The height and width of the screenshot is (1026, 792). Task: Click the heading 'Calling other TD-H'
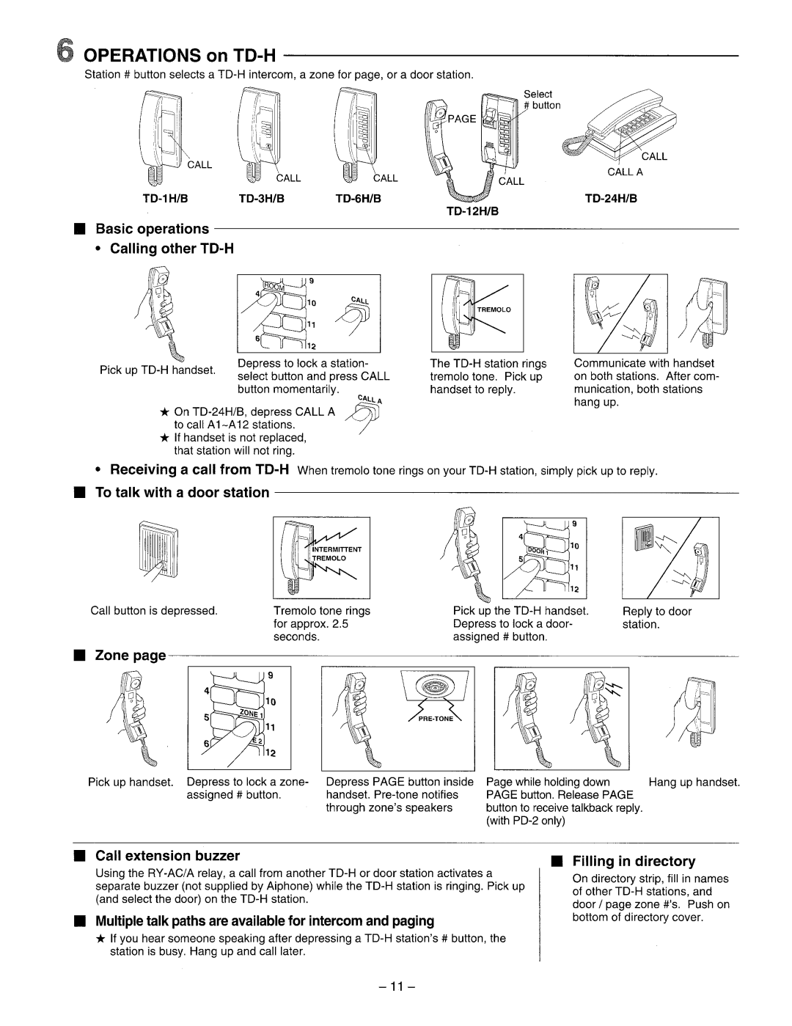172,249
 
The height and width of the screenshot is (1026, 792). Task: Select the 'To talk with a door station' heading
183,493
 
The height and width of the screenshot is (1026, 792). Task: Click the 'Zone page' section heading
131,655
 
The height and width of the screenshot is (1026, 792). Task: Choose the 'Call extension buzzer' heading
168,855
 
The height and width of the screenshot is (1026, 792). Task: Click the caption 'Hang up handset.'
694,783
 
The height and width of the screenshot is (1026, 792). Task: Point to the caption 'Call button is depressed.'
154,611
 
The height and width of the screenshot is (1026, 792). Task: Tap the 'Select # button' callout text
541,100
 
